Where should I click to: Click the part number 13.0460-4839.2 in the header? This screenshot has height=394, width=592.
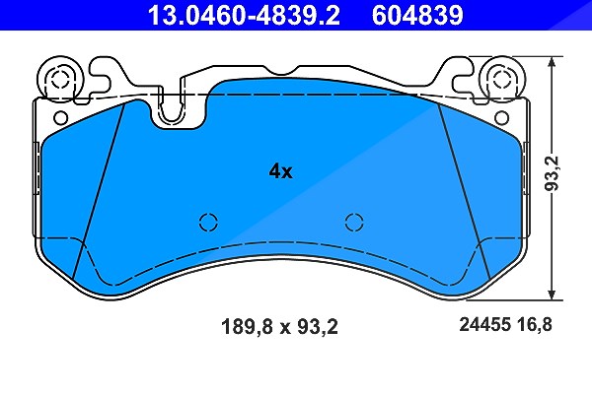(x=244, y=15)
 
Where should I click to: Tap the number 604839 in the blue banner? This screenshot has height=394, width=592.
(x=417, y=15)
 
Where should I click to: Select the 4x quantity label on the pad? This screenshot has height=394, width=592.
(x=280, y=171)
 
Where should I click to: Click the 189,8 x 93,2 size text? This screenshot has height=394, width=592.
(x=279, y=326)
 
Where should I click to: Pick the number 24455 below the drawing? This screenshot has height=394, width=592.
(x=485, y=324)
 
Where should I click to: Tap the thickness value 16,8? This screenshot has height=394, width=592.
(x=535, y=324)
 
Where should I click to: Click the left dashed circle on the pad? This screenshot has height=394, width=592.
(x=208, y=222)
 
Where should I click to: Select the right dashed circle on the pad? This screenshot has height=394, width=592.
(x=354, y=222)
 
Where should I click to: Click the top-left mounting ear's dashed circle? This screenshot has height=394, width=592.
(x=59, y=79)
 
